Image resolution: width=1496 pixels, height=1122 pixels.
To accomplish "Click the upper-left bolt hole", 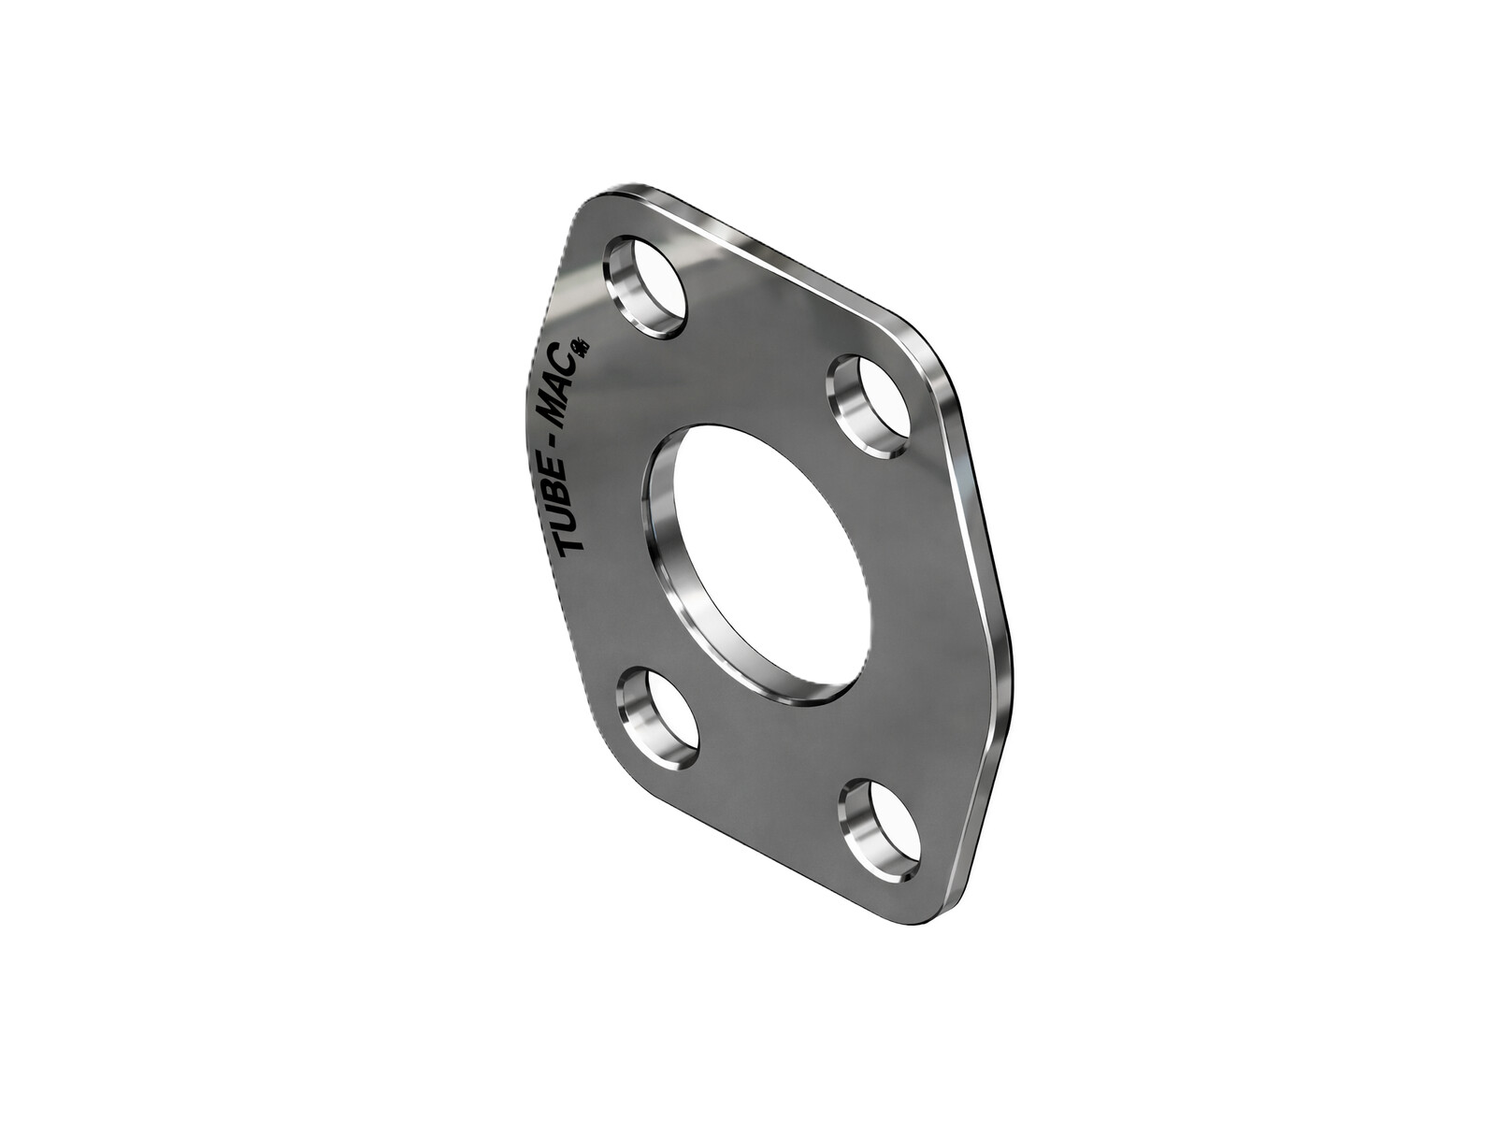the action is point(648,287).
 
